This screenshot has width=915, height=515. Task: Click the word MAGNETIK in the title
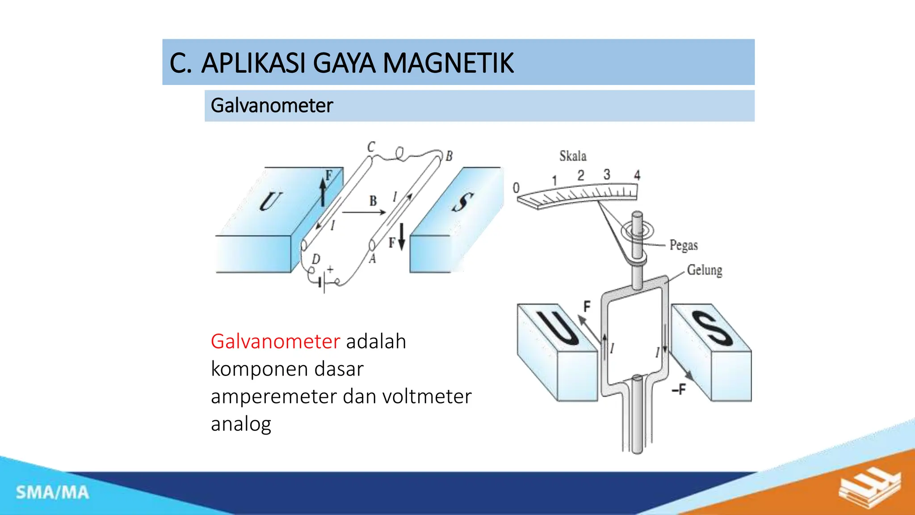[448, 63]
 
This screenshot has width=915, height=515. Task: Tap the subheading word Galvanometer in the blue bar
[272, 106]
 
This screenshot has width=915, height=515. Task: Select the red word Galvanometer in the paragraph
[275, 342]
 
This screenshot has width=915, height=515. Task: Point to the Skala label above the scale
[573, 156]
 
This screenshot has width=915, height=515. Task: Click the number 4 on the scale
[637, 175]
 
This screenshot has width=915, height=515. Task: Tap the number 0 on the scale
[516, 188]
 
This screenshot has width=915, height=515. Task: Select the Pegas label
[684, 245]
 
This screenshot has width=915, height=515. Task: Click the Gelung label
[705, 270]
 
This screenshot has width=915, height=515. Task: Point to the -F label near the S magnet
[679, 390]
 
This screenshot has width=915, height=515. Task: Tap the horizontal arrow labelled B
[363, 212]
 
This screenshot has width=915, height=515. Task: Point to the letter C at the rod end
[371, 147]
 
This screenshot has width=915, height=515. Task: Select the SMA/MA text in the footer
[53, 493]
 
